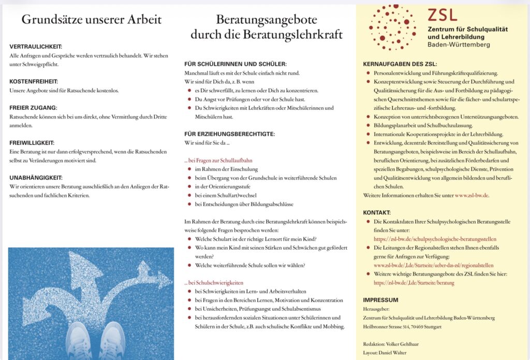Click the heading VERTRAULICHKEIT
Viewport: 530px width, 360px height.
[36, 47]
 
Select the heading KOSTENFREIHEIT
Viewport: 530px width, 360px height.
[34, 82]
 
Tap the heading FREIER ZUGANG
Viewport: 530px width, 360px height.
[33, 107]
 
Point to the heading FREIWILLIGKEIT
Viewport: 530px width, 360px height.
[32, 142]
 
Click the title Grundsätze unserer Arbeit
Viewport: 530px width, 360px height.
[91, 20]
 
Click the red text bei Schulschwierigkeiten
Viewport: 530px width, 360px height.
[214, 283]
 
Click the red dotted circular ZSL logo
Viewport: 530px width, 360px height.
[392, 27]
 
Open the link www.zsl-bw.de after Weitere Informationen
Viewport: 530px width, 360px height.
[472, 195]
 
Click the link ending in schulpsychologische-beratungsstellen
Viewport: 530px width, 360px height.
[435, 239]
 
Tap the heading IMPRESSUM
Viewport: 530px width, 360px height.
[380, 300]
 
